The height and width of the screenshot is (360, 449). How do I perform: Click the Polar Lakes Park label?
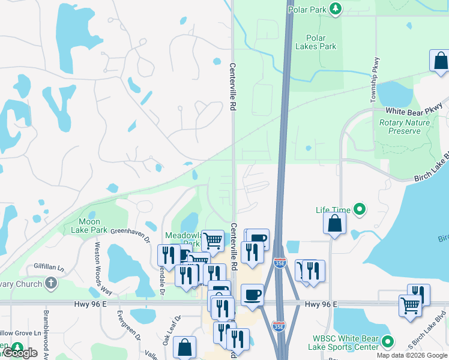coord(316,42)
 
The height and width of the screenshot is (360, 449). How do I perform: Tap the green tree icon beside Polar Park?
coord(336,9)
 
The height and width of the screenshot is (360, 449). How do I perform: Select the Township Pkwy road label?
coord(375,80)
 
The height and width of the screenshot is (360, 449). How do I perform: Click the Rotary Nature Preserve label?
coord(404,127)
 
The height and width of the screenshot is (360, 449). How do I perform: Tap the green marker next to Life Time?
coord(360,209)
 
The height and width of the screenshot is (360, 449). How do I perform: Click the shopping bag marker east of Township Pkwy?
coord(440,61)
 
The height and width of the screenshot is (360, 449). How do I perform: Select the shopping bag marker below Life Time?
coord(334,223)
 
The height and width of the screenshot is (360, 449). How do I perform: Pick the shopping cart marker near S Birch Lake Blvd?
coord(410,305)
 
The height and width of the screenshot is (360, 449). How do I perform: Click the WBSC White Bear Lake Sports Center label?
coord(342,343)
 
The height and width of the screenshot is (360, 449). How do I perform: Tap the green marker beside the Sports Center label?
coord(387,342)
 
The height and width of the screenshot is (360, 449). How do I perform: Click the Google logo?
coord(20,353)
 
